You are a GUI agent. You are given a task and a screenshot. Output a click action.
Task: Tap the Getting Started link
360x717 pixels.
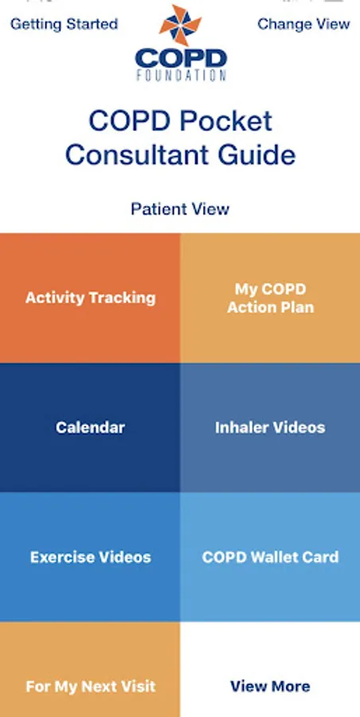tap(64, 24)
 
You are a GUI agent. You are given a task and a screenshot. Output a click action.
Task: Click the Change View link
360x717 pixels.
tap(303, 24)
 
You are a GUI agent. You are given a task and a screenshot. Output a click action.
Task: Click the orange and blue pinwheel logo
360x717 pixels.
tap(180, 25)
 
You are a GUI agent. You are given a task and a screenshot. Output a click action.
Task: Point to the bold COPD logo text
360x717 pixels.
tap(181, 58)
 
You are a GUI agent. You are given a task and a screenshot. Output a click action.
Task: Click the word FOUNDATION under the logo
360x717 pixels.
tap(181, 75)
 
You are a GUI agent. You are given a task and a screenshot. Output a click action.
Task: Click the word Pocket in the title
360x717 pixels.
tap(226, 121)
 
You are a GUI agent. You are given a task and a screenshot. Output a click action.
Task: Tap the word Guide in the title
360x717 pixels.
tap(256, 155)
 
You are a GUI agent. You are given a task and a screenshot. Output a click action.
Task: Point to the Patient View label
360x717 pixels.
tap(180, 209)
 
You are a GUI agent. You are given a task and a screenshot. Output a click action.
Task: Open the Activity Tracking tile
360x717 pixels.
tap(90, 298)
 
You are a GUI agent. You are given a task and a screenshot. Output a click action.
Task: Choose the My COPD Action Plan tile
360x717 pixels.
tap(270, 298)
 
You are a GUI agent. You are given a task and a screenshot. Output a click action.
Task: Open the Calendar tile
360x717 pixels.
tap(90, 428)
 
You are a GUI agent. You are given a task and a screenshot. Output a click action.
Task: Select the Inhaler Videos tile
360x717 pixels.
tap(270, 428)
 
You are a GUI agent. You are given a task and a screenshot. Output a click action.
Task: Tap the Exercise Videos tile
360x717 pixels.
tap(90, 557)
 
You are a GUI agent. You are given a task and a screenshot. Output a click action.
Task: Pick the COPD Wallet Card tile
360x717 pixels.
tap(270, 557)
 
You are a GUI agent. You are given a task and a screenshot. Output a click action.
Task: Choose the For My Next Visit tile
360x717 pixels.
tap(90, 669)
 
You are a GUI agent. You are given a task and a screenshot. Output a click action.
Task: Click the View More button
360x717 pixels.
tap(270, 669)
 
